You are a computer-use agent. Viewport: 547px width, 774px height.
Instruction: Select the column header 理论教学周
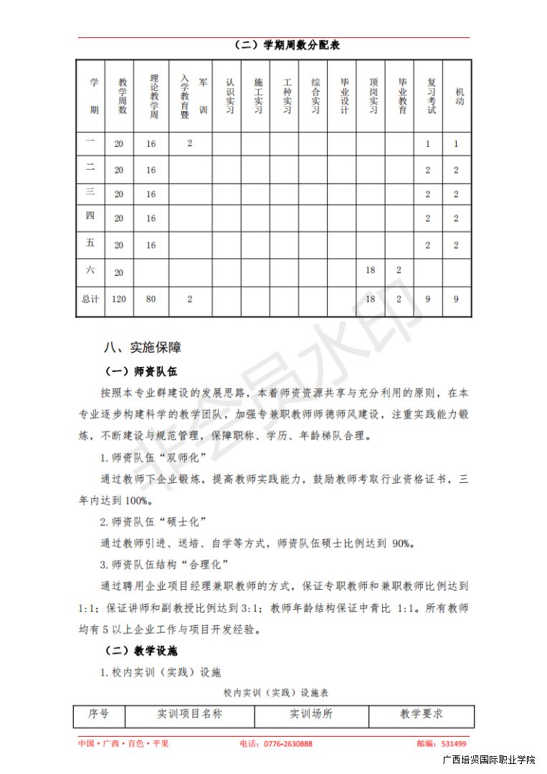[151, 95]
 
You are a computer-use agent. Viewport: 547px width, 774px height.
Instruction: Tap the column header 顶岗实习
[371, 95]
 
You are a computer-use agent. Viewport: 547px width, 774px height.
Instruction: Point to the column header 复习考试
[428, 95]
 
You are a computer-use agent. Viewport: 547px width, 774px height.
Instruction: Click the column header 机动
[457, 95]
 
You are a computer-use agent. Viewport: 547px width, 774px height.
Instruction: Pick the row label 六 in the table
[90, 271]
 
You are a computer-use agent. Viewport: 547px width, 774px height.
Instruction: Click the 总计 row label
[90, 299]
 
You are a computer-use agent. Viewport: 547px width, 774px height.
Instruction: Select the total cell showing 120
[119, 299]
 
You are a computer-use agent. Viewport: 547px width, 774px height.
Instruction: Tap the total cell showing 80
[151, 299]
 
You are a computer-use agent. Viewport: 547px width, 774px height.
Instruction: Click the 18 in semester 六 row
[371, 271]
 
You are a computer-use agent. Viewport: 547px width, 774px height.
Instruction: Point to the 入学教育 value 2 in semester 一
[190, 143]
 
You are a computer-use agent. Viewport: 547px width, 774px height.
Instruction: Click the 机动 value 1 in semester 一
[457, 144]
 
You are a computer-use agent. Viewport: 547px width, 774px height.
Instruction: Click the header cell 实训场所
[311, 714]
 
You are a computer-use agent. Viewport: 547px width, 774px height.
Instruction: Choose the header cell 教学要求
[422, 714]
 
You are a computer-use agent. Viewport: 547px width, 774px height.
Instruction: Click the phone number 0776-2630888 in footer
[287, 744]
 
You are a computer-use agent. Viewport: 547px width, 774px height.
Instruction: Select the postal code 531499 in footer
[454, 744]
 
